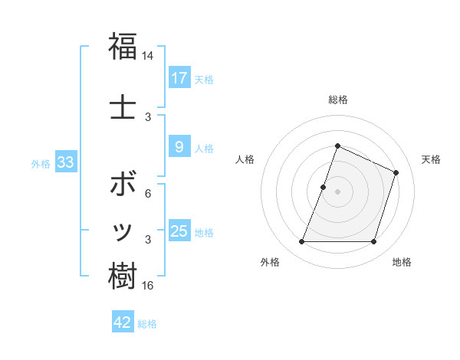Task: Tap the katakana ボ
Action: click(123, 186)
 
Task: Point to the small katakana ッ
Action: click(123, 232)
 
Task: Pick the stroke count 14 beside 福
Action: click(148, 56)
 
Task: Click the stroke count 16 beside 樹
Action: click(148, 286)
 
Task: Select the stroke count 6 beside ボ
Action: click(148, 195)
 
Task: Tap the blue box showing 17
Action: click(179, 78)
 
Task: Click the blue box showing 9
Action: click(179, 147)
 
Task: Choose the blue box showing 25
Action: click(179, 231)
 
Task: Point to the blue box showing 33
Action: click(65, 162)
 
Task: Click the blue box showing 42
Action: click(123, 322)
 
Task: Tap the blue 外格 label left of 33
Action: click(41, 163)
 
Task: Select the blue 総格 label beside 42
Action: click(148, 324)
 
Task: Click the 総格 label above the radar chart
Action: click(337, 100)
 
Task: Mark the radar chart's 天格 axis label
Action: click(431, 159)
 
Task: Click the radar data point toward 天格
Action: click(396, 172)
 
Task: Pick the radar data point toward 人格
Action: click(324, 187)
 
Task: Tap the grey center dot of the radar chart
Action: click(337, 191)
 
